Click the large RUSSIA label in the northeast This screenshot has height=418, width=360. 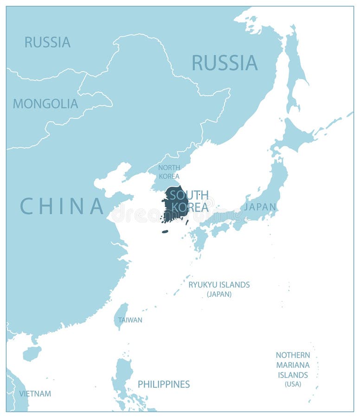(225, 63)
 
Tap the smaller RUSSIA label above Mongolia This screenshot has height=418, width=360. (47, 42)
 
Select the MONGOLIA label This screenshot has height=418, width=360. (45, 104)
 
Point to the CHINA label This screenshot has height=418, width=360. (62, 206)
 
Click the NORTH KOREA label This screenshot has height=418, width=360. (169, 172)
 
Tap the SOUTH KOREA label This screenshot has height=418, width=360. (190, 201)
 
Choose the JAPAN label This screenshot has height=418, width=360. (260, 207)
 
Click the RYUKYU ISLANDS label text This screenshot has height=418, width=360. (219, 285)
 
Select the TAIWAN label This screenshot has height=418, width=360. (130, 320)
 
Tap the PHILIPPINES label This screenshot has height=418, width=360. (164, 384)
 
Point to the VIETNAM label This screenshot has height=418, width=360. (35, 394)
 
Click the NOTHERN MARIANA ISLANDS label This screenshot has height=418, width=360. (293, 365)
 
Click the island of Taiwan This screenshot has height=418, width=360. (121, 314)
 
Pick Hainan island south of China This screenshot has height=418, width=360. (32, 353)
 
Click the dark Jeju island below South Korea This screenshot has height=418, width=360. (165, 231)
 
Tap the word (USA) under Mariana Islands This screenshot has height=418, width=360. (293, 384)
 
